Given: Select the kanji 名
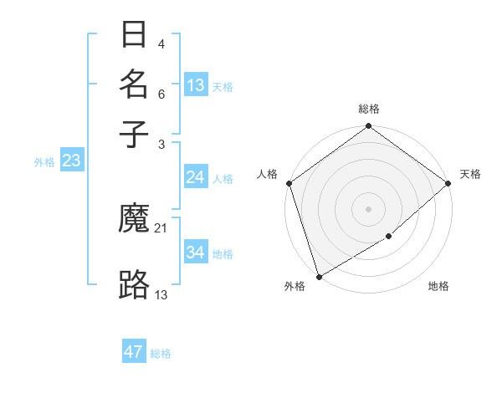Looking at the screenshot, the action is click(x=135, y=84).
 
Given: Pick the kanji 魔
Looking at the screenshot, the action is click(x=135, y=220).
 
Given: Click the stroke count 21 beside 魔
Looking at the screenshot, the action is click(x=161, y=228).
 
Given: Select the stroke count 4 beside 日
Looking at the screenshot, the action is click(x=161, y=44).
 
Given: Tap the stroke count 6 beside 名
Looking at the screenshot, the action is click(x=161, y=94).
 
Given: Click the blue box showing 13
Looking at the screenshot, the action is click(x=196, y=85).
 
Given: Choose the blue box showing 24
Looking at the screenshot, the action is click(x=195, y=177).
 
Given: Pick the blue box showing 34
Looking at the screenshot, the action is click(x=195, y=253).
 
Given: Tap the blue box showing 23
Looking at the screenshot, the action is click(x=71, y=161).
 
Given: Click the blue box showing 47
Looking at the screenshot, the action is click(x=134, y=352).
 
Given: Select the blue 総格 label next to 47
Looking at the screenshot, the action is click(x=161, y=354).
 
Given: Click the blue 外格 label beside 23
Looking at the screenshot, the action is click(x=44, y=162).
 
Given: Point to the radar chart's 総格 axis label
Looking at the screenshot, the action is click(x=368, y=109).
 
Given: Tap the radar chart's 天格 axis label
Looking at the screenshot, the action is click(x=470, y=174).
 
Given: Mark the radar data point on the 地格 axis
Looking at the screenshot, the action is click(x=389, y=237).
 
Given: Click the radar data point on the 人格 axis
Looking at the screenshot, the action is click(x=289, y=183).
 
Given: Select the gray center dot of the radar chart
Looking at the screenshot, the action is click(x=368, y=209).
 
